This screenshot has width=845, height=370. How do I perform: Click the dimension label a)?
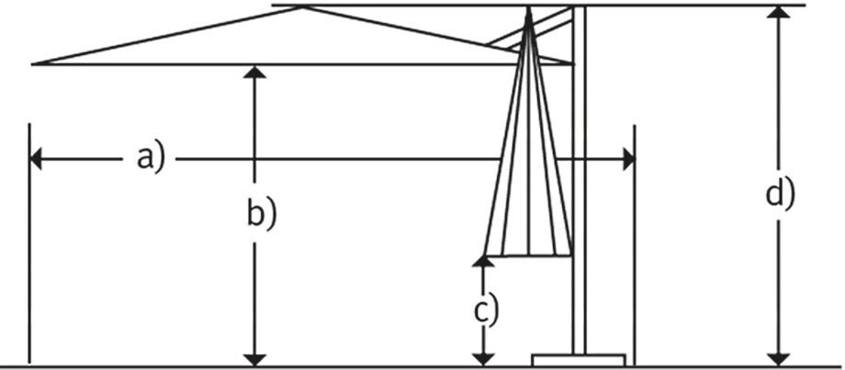150,158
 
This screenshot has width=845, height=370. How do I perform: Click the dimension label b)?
261,214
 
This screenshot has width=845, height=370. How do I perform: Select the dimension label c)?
486,309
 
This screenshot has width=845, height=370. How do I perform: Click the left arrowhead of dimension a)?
36,159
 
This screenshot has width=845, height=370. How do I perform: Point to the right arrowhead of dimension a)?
628,159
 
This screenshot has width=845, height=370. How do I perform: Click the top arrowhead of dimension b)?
256,72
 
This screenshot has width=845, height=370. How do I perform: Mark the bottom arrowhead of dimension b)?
256,359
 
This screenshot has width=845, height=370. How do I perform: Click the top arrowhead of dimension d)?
779,13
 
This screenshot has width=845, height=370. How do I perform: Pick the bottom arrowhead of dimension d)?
779,359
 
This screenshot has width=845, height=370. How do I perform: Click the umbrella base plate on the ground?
580,359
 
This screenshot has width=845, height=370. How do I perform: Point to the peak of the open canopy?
303,8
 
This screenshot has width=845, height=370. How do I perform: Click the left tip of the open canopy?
35,63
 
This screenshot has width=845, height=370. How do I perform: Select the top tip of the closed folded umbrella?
530,12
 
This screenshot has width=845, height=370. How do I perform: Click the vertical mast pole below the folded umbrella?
579,303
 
